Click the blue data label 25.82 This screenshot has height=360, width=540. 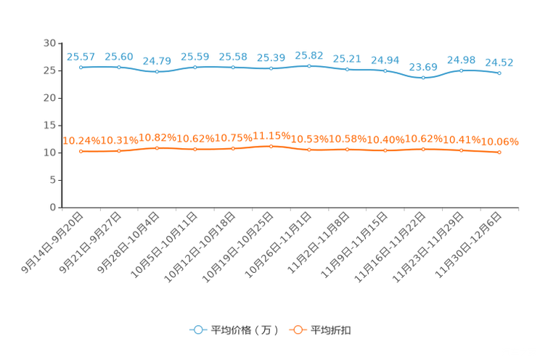tap(309, 55)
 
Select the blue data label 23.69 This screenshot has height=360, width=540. tap(423, 67)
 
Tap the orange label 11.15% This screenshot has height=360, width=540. tap(271, 136)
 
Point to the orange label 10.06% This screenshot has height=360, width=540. tap(499, 142)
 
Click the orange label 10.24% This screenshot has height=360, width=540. tap(81, 141)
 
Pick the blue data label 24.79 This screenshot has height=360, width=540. tap(157, 61)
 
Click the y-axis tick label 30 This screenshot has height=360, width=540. tap(49, 43)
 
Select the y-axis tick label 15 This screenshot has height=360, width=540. tap(49, 126)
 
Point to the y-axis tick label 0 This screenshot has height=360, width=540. tap(53, 208)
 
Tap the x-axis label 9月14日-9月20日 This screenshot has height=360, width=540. tap(52, 242)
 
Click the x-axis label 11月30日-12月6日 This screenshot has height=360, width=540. tap(468, 245)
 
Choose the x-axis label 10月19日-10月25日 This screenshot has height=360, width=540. tap(237, 247)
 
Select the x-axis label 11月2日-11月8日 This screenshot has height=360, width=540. tap(319, 242)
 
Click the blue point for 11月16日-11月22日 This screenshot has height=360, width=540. tap(423, 78)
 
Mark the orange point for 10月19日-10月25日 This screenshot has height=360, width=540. tap(271, 147)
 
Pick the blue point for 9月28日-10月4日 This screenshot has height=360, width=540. tap(157, 72)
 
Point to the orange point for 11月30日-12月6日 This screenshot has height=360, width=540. tap(499, 152)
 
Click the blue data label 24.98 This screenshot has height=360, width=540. tap(461, 60)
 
